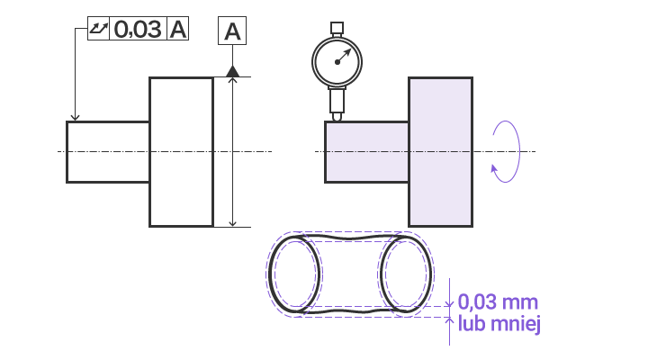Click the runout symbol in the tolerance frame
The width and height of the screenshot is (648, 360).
pyautogui.click(x=98, y=29)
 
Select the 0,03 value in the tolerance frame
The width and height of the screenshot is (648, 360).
pyautogui.click(x=138, y=29)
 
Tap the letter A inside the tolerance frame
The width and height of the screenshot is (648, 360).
pyautogui.click(x=178, y=29)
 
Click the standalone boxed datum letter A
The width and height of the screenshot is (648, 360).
pyautogui.click(x=232, y=31)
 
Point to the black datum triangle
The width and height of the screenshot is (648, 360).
pyautogui.click(x=233, y=71)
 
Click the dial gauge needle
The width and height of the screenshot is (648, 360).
pyautogui.click(x=344, y=57)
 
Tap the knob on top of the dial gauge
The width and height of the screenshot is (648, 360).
pyautogui.click(x=337, y=28)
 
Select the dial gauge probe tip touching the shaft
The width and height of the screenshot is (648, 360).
pyautogui.click(x=337, y=117)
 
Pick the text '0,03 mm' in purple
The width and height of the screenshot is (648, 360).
pyautogui.click(x=498, y=302)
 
